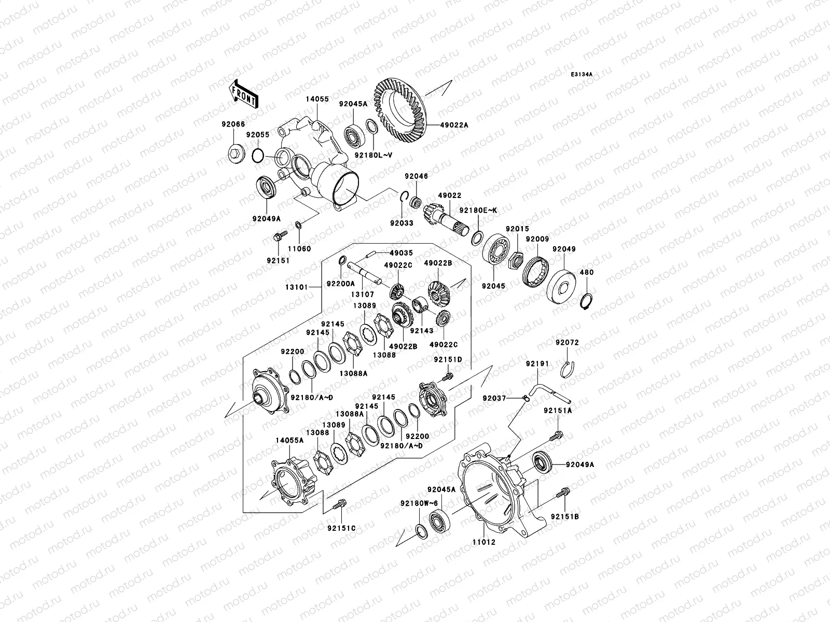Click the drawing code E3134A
582,75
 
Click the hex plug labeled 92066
234,153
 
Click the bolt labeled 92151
277,238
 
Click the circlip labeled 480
587,300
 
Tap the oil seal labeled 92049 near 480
561,288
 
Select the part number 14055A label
287,440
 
